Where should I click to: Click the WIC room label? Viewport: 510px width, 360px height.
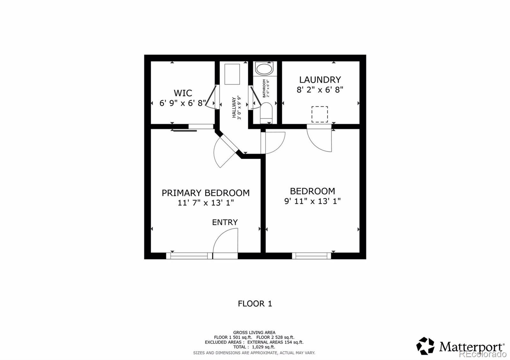[183, 93]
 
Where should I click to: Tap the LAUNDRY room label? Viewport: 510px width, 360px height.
[320, 80]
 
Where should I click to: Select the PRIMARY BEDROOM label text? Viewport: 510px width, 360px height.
[206, 193]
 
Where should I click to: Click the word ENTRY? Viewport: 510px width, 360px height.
[225, 222]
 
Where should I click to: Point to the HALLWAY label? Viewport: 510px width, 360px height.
[234, 108]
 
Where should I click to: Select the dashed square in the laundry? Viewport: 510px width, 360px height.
[320, 114]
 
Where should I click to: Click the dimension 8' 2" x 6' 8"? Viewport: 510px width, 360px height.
[320, 90]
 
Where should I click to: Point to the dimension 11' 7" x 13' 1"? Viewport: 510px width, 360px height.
[206, 203]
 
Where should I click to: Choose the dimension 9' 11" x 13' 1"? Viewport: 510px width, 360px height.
[312, 201]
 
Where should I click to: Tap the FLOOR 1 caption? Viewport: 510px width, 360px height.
[255, 304]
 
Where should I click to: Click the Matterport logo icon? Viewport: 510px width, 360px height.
[425, 346]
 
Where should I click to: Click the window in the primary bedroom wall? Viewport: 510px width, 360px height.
[189, 256]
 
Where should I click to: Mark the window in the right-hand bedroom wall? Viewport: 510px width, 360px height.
[311, 256]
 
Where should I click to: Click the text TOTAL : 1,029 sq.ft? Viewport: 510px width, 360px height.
[254, 347]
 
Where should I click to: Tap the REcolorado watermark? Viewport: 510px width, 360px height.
[483, 354]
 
